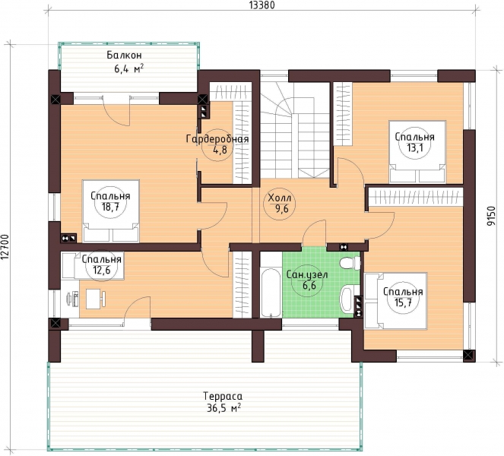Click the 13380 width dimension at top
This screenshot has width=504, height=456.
(262, 5)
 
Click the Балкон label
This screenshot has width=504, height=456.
(124, 55)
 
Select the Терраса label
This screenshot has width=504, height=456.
(223, 396)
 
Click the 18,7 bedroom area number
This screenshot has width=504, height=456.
(110, 207)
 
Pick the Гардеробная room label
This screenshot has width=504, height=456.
(217, 139)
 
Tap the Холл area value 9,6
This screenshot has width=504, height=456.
(279, 208)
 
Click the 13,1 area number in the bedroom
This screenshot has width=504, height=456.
(414, 148)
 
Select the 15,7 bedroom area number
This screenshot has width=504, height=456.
(402, 302)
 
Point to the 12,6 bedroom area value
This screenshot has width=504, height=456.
(102, 270)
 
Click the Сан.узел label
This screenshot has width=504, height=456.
(307, 275)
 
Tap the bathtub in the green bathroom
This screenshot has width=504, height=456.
(271, 293)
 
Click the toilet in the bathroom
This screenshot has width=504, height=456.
(350, 263)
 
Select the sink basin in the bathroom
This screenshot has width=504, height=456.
(346, 299)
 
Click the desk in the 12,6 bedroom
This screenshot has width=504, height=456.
(94, 299)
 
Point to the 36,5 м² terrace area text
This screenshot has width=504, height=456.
(223, 408)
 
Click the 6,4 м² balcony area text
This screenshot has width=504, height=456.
(128, 68)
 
